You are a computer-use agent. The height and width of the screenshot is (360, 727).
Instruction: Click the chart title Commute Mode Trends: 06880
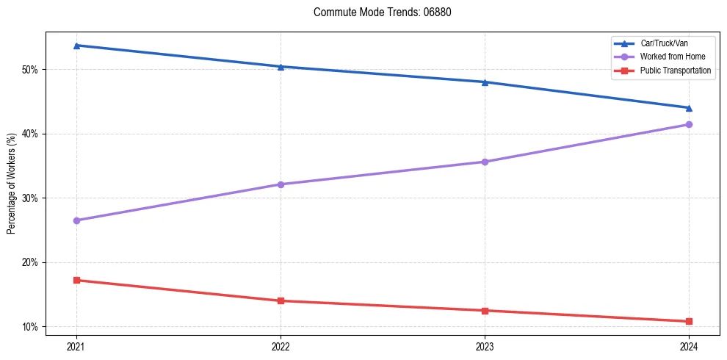coord(377,12)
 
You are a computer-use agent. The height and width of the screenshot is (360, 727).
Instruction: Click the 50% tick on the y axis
coord(29,70)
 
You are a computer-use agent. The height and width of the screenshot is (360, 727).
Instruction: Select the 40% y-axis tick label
coord(29,134)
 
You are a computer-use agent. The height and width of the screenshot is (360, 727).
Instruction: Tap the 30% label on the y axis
coord(29,198)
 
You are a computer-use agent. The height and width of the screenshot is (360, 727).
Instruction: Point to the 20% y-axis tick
coord(29,262)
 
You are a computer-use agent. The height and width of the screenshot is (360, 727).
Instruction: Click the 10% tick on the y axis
coord(29,327)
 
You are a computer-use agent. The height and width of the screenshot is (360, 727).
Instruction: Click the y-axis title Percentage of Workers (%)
coord(12,184)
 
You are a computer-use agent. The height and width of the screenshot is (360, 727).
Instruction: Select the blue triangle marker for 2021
coord(76,46)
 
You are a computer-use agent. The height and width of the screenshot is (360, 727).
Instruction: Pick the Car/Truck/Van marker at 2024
coord(689,108)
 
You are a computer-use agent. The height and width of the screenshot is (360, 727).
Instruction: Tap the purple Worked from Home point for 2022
coord(281,184)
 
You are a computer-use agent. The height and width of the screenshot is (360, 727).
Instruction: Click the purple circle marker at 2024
coord(689,124)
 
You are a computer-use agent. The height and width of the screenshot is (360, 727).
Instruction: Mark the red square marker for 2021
coord(76,280)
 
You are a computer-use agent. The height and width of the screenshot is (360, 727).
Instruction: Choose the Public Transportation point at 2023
coord(485,310)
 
